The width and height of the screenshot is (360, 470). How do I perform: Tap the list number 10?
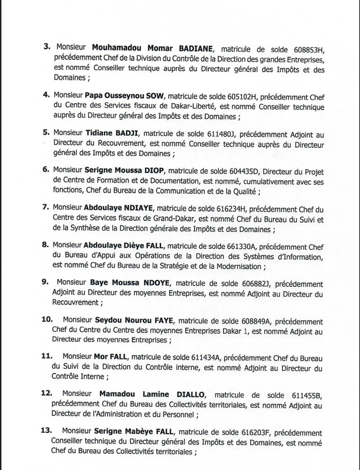pyautogui.click(x=47, y=320)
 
